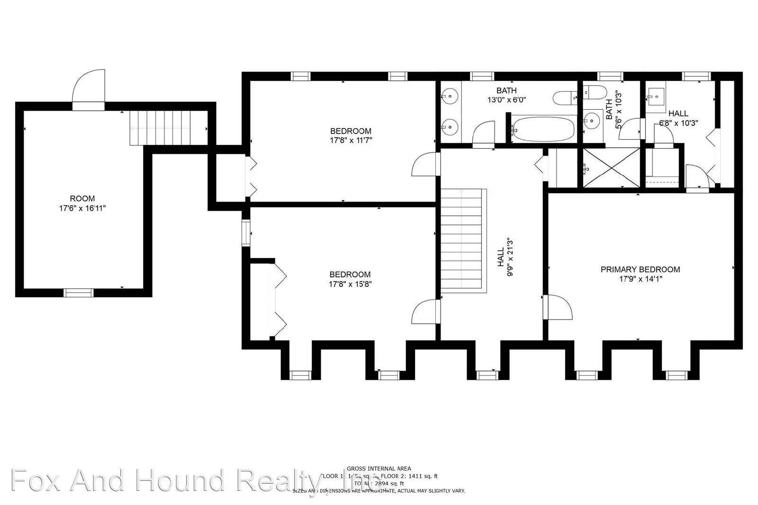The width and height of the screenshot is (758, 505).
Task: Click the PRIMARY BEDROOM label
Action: click(x=640, y=269)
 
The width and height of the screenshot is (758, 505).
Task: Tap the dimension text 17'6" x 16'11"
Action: click(x=82, y=208)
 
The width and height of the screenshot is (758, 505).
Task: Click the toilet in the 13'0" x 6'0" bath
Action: click(x=565, y=98)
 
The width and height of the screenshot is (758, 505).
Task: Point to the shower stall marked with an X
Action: click(x=611, y=168)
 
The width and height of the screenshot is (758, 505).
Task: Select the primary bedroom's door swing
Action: click(x=559, y=308)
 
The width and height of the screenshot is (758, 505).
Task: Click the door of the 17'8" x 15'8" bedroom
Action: click(x=424, y=312)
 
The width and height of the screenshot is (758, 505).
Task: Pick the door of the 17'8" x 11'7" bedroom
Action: click(x=424, y=164)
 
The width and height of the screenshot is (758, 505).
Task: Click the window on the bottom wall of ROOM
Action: click(x=79, y=293)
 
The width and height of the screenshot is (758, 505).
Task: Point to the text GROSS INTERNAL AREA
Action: click(x=379, y=469)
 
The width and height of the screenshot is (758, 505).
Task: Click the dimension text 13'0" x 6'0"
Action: click(x=506, y=100)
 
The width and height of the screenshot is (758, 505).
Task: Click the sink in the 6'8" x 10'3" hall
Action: click(x=656, y=98)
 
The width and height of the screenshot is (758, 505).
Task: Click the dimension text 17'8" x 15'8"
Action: click(x=350, y=284)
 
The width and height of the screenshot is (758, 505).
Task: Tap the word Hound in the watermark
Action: click(x=180, y=480)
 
